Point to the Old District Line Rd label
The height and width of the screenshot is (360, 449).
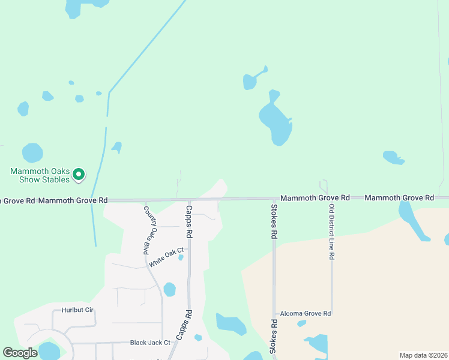pos(331,232)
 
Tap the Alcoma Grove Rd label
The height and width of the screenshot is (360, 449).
pos(306,313)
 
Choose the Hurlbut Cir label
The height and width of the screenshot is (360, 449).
pos(77,311)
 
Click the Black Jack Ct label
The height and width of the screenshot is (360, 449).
pos(150,343)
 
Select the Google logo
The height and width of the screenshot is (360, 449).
pos(20,353)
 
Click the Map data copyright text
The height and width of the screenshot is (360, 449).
pos(423,355)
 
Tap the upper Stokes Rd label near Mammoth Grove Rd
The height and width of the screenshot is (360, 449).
pos(274,222)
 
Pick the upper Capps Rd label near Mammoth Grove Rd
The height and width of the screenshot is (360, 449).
pos(188,220)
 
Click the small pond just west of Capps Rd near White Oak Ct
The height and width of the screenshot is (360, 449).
pos(181,257)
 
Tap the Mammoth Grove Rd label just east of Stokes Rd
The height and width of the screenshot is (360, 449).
pos(315,197)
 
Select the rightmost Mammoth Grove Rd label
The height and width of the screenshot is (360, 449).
pos(399,197)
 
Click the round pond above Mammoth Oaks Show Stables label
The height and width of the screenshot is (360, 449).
pos(32,152)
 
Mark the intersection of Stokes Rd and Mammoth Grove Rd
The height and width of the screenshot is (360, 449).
pos(274,199)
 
